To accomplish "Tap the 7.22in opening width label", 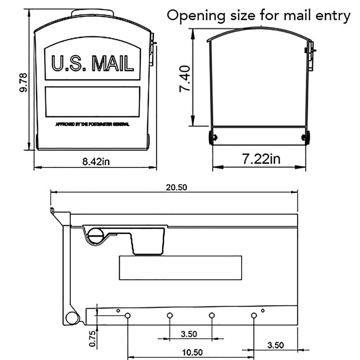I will click(261, 159).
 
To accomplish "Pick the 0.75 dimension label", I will click(93, 339).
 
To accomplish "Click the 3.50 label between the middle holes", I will click(189, 334).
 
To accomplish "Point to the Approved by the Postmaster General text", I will click(93, 125).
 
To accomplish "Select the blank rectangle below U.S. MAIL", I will click(92, 102).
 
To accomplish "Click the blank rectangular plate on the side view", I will click(180, 267).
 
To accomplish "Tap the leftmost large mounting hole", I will click(127, 316).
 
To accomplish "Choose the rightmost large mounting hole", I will click(254, 316).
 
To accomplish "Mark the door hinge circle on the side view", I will click(72, 318).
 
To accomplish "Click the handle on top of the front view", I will click(93, 13).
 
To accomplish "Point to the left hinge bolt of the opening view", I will click(213, 138).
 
